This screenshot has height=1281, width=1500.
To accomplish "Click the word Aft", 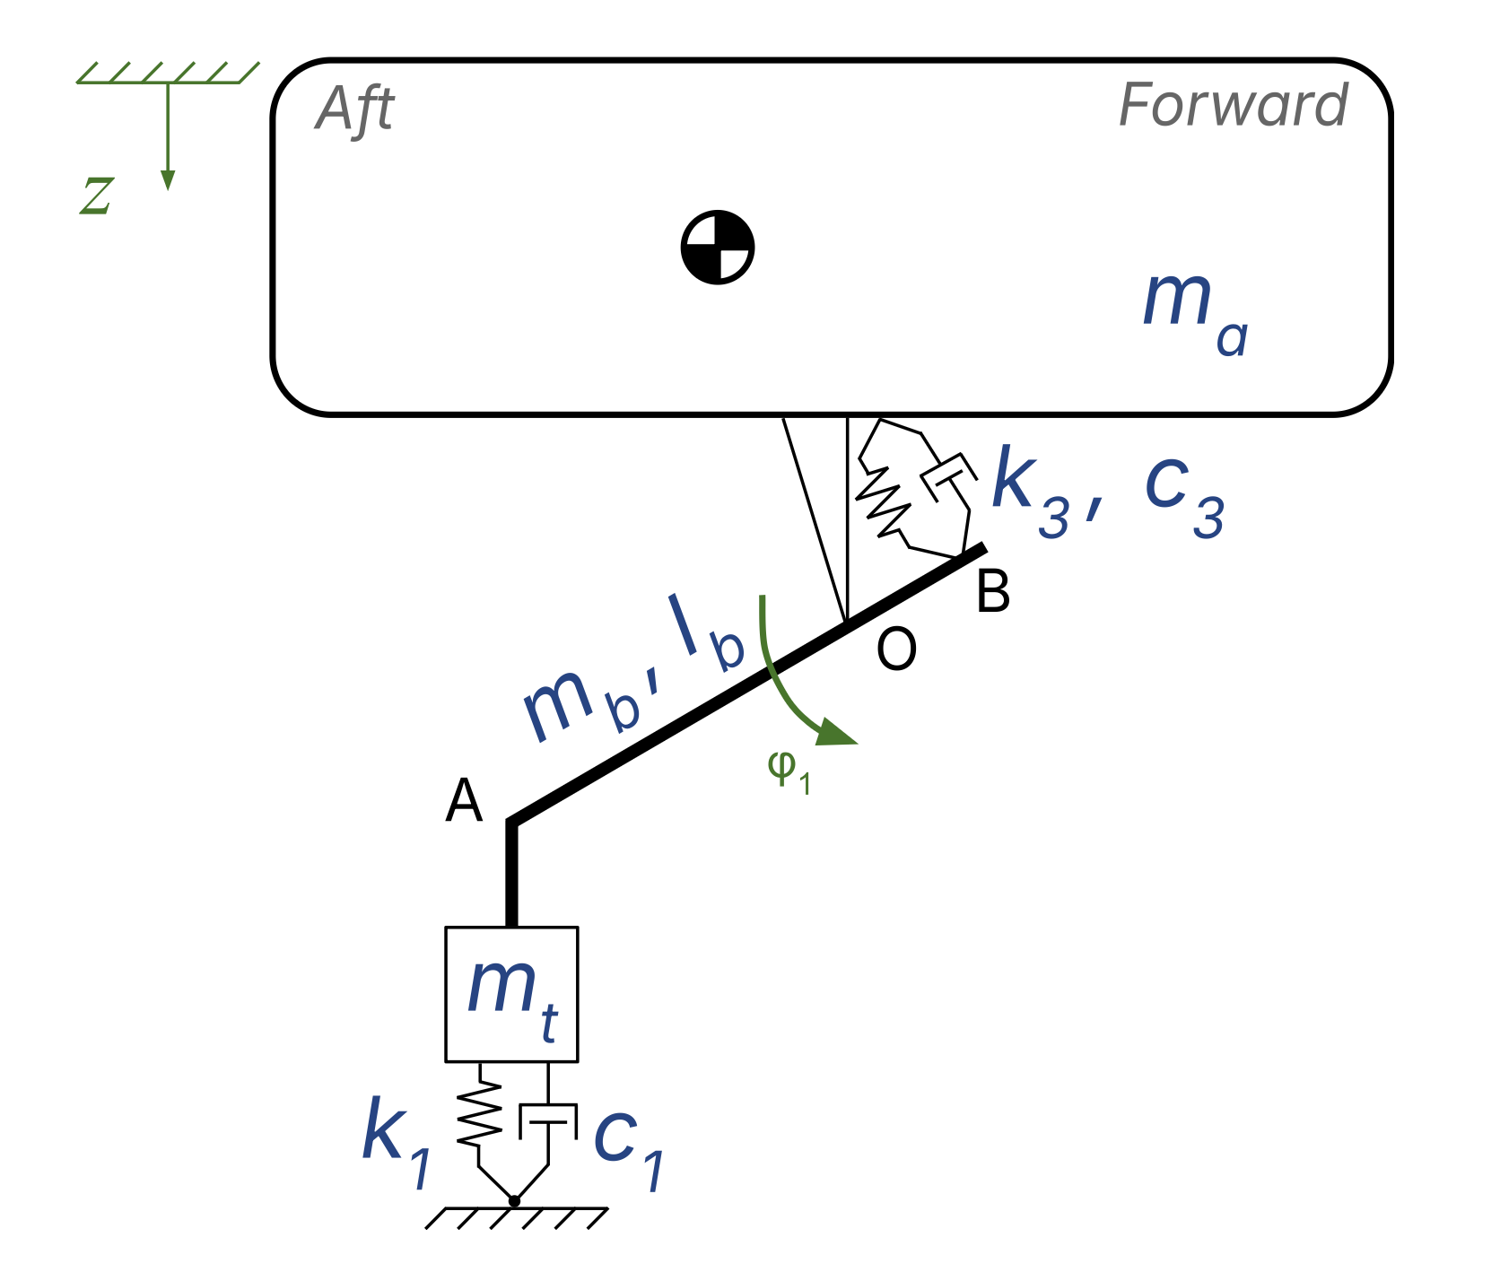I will coord(355,109).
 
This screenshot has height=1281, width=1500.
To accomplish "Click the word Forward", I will coord(1234,106).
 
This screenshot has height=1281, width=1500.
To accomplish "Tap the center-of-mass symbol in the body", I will coord(718,248).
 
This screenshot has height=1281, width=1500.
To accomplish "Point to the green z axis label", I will coord(97,196).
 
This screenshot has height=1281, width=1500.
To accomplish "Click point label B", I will coord(993,592).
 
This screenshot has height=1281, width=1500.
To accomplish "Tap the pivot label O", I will coord(896,649).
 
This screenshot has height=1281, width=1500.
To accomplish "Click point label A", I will coord(464,801).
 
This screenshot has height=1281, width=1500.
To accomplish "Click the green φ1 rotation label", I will coord(789,770).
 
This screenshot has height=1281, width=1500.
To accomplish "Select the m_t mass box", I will coord(511,994).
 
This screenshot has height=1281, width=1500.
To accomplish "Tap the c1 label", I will coord(629,1148).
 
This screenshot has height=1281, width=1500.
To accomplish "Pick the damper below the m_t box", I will coord(548,1121).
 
